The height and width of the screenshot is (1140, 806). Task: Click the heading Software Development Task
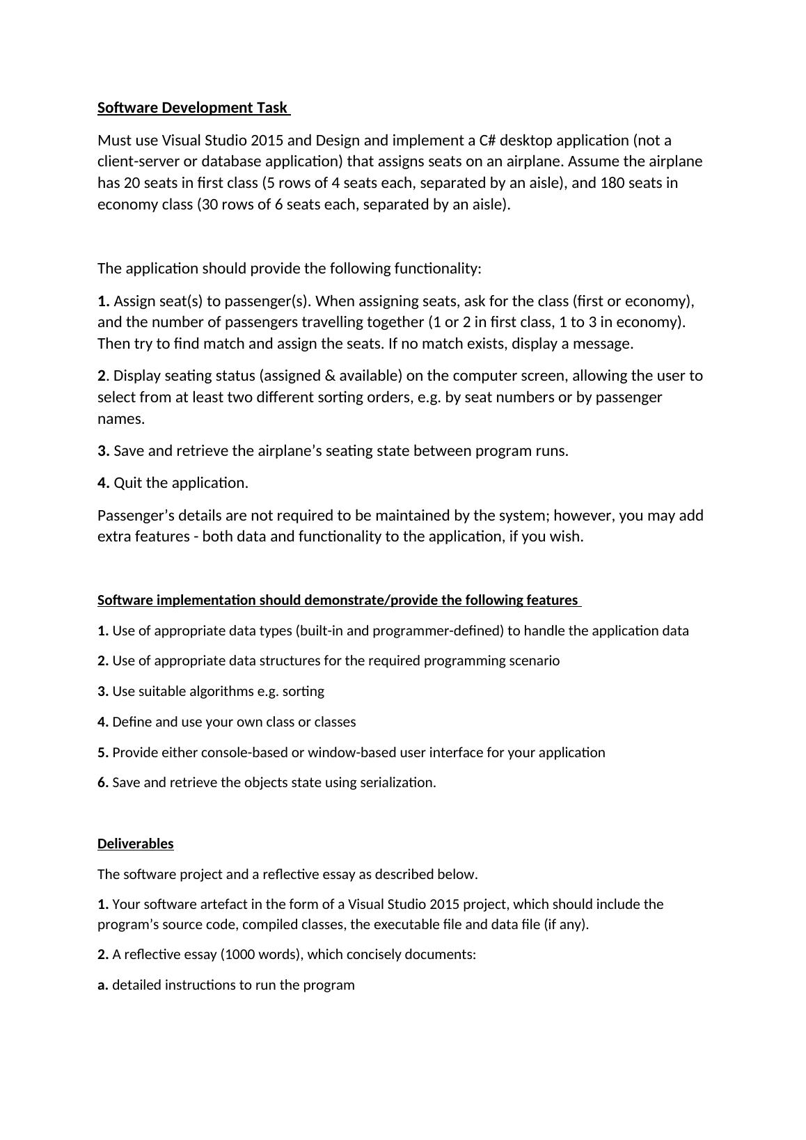tap(193, 108)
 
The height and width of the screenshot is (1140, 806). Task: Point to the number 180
tap(613, 183)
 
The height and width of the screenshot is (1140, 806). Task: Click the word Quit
tap(129, 483)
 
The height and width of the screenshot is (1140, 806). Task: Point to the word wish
tap(567, 537)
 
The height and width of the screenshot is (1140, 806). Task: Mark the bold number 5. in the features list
tap(103, 753)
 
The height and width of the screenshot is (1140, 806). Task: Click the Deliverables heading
tap(136, 844)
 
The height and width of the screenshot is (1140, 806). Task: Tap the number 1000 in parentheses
tap(240, 955)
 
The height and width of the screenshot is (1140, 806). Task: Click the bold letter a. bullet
tap(103, 985)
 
